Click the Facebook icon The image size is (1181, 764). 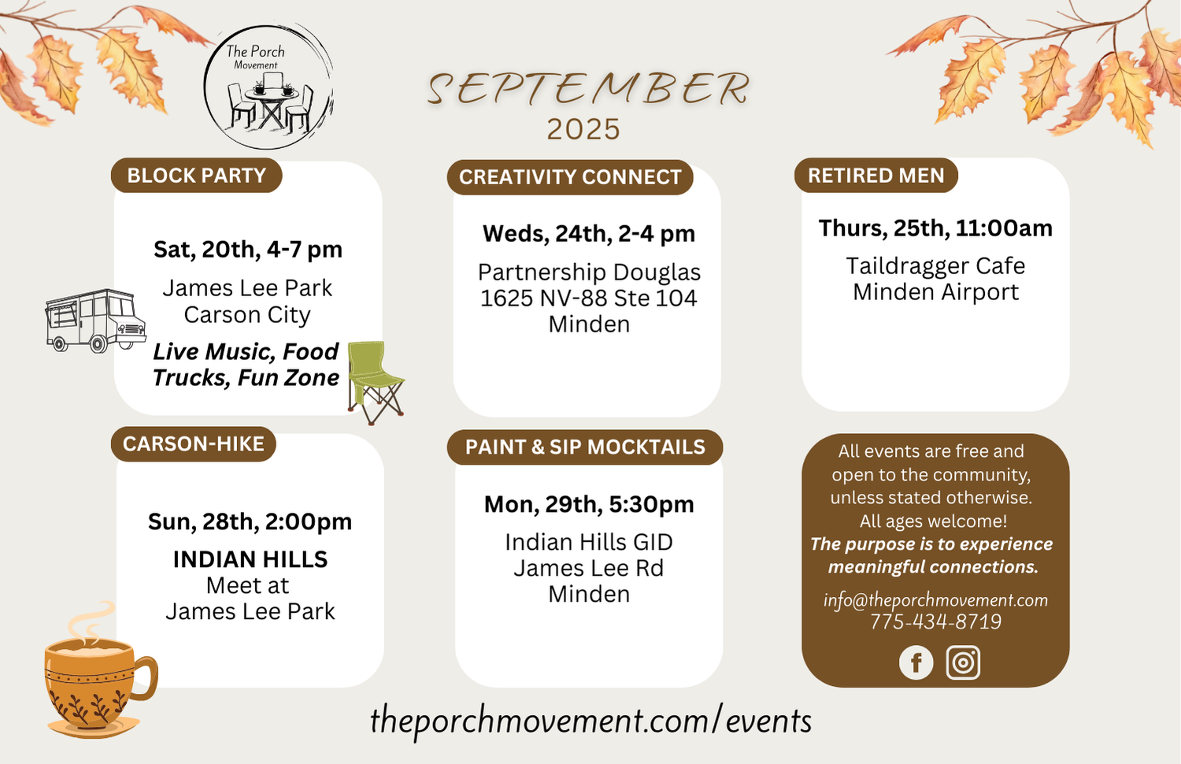(x=916, y=662)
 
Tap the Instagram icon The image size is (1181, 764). (x=963, y=662)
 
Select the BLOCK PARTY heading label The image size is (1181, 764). (x=197, y=175)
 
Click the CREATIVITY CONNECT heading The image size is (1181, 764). (x=570, y=177)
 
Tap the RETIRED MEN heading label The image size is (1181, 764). (x=876, y=175)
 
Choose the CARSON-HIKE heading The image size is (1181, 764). (x=194, y=444)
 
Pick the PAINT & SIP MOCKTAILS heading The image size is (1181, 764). (x=585, y=447)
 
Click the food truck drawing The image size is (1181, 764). (x=95, y=321)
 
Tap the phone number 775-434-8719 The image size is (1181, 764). (x=935, y=621)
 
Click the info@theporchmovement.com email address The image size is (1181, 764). (x=935, y=600)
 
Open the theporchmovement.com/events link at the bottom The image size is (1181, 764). (x=590, y=721)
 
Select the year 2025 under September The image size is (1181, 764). (x=583, y=129)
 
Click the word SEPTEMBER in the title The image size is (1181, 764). (x=588, y=88)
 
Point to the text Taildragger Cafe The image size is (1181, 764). (x=935, y=265)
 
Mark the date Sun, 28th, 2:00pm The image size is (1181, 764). (x=250, y=521)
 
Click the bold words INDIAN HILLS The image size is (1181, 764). (x=250, y=559)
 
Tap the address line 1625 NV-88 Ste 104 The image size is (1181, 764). (x=588, y=298)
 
